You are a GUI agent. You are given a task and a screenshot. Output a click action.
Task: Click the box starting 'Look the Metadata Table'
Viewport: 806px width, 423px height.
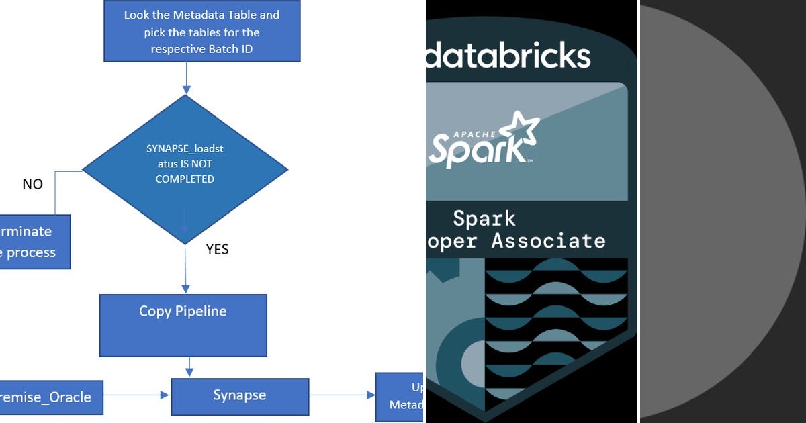pyautogui.click(x=201, y=31)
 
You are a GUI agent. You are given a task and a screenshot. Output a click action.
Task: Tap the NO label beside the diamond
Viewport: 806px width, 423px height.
pyautogui.click(x=32, y=184)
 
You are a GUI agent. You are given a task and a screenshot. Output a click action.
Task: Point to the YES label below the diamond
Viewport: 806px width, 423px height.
pyautogui.click(x=217, y=250)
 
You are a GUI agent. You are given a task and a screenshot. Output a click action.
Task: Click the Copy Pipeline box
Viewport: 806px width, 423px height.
pyautogui.click(x=183, y=325)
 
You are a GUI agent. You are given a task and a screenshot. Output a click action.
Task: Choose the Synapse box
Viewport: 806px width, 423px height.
pyautogui.click(x=240, y=396)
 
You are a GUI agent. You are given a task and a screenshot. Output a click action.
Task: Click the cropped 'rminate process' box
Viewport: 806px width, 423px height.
pyautogui.click(x=34, y=242)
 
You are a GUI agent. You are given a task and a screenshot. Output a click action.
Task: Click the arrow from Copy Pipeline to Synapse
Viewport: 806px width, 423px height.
pyautogui.click(x=190, y=367)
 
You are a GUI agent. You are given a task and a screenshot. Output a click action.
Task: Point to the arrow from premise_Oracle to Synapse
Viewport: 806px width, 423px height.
pyautogui.click(x=138, y=395)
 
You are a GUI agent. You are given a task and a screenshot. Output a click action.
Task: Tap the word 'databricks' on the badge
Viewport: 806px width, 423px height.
pyautogui.click(x=508, y=56)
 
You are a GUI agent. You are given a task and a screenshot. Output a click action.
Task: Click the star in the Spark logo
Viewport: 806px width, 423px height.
pyautogui.click(x=522, y=131)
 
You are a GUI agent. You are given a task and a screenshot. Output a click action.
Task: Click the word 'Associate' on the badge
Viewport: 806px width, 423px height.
pyautogui.click(x=548, y=240)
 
